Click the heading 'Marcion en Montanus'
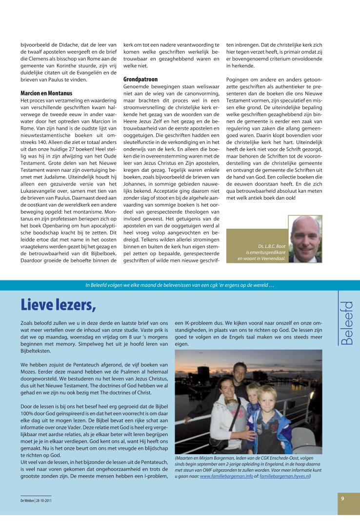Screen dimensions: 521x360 click(46, 93)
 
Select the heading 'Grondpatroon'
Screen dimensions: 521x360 click(140, 79)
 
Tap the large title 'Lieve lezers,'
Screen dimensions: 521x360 click(59, 304)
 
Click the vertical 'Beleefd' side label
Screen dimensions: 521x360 click(347, 323)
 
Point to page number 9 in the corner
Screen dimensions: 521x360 click(343, 498)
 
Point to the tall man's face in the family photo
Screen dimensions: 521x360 click(239, 371)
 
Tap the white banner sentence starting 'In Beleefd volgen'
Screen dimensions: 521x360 click(180, 285)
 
